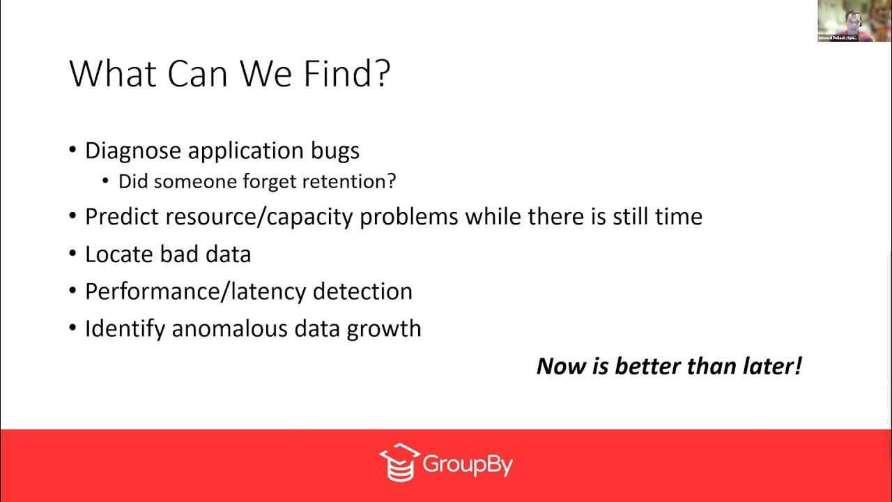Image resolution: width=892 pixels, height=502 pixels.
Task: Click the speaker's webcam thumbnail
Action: point(845,21)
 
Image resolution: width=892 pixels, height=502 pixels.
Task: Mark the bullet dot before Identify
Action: point(73,328)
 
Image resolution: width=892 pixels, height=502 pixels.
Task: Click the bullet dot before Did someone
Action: point(106,182)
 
